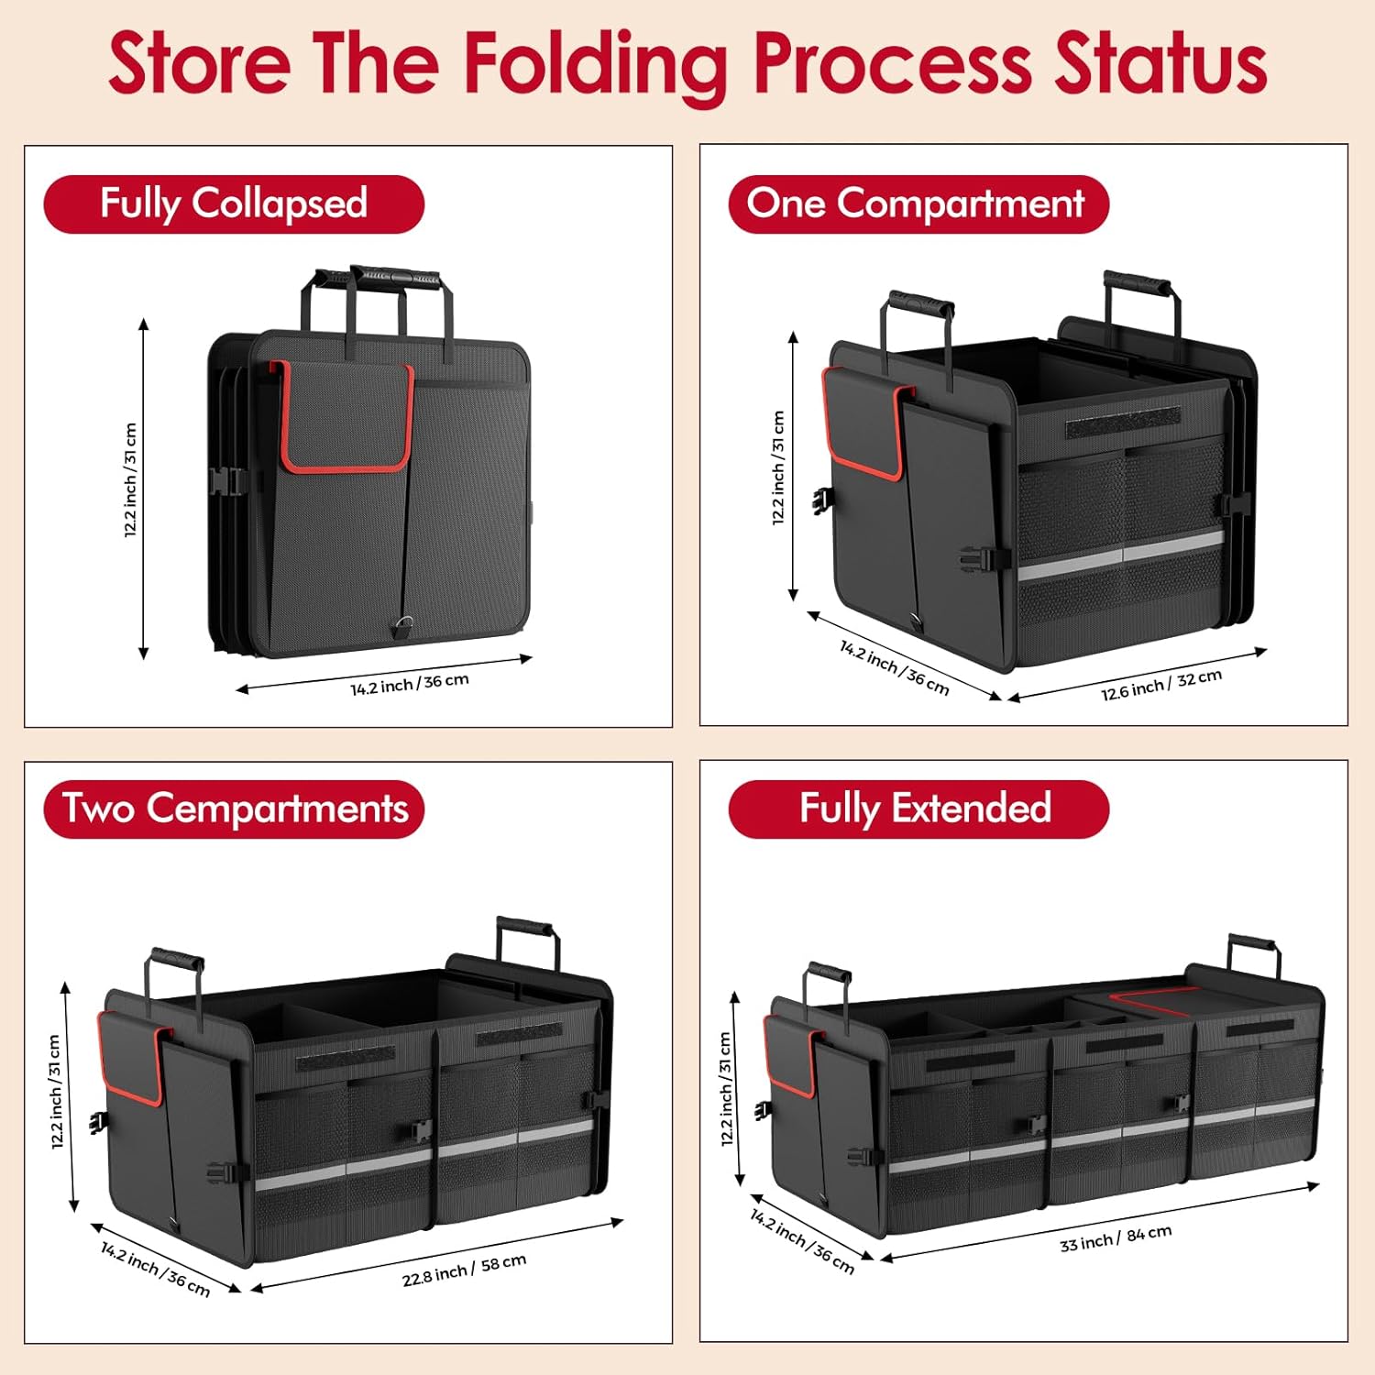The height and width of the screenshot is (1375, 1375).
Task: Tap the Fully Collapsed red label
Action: coord(234,203)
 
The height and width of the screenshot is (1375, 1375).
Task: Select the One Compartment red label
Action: coord(918,203)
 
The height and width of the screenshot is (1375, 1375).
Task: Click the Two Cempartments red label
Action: coord(234,808)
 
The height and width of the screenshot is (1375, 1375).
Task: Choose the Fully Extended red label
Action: coord(918,808)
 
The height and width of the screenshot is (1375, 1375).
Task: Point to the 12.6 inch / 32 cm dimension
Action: coord(1161,684)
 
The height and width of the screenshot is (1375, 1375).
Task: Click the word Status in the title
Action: coord(1160,64)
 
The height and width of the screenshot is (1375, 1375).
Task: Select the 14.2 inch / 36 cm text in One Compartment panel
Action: coord(894,666)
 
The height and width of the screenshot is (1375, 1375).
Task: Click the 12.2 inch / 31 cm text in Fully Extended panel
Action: coord(726,1089)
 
